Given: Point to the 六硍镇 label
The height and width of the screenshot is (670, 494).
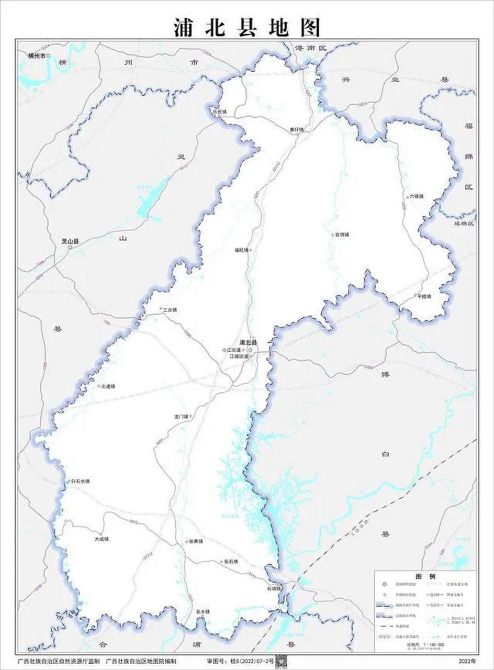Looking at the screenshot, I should tap(416, 196).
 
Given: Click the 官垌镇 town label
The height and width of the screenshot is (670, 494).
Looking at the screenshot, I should tap(342, 235).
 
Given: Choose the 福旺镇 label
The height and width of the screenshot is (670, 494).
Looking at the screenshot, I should tap(241, 250).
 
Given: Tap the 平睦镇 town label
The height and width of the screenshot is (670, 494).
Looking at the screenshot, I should tap(423, 296).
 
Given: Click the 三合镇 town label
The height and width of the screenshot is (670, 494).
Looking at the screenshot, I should tap(170, 310).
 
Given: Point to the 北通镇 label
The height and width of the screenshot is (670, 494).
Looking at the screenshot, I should tap(107, 386).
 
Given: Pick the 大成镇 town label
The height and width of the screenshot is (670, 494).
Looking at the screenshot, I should tap(101, 539).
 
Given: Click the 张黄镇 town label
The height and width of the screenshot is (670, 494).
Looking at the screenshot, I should tap(195, 541).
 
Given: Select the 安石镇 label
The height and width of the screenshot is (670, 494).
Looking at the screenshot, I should tap(230, 562).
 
